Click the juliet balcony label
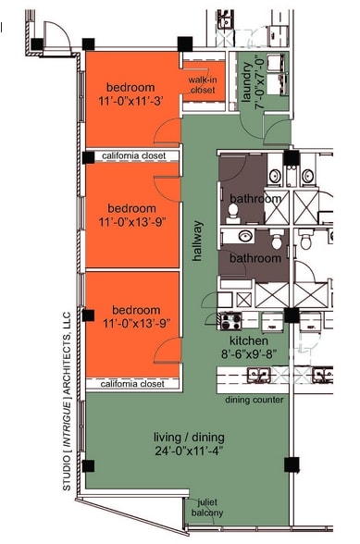click(x=208, y=508)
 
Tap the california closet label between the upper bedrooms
click(x=133, y=156)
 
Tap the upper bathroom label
click(x=254, y=199)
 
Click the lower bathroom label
click(x=254, y=258)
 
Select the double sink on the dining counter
click(x=258, y=375)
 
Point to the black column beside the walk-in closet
click(x=185, y=43)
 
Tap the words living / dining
click(x=190, y=437)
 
